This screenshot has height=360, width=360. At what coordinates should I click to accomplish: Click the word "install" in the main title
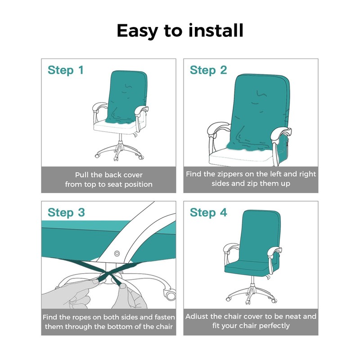216,30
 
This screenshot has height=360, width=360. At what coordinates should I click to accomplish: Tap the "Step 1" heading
65,70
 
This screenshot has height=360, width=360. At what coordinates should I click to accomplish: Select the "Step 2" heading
208,70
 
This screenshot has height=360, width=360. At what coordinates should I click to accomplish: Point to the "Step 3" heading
66,212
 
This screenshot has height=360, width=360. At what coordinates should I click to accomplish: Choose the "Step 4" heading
208,212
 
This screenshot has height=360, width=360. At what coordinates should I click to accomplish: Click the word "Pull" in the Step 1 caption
82,175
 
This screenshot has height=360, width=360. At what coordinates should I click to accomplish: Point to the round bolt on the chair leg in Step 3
117,253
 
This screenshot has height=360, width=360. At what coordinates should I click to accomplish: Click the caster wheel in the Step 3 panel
170,294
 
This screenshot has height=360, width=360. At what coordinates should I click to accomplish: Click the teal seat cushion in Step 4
246,267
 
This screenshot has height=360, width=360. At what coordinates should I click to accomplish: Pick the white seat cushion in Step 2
241,157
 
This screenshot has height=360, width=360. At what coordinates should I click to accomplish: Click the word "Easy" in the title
138,31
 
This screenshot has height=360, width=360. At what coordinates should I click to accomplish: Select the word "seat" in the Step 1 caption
115,184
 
